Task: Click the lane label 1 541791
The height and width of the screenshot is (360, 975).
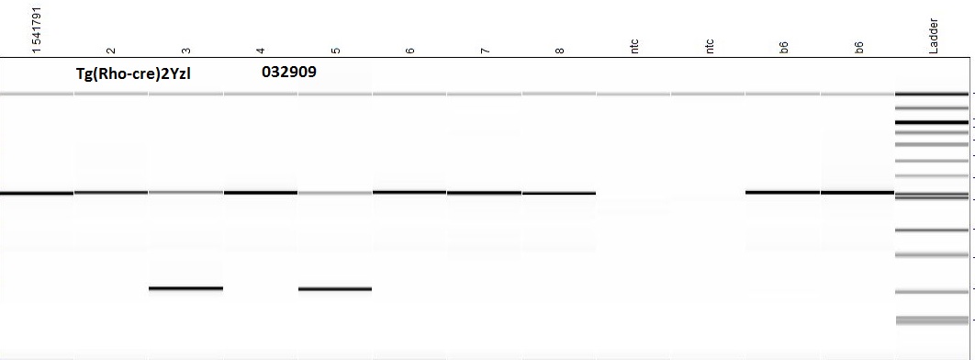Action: point(38,29)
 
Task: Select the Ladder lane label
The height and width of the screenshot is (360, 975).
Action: point(933,36)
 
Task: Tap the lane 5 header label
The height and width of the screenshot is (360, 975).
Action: point(336,51)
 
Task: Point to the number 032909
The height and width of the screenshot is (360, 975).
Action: point(289,73)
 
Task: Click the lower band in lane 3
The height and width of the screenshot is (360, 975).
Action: point(186,287)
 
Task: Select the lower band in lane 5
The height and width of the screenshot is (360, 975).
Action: point(335,288)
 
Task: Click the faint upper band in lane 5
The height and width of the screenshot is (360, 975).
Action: point(335,193)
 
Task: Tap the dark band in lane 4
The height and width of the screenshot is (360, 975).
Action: point(261,193)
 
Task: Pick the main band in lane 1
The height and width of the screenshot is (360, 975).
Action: point(37,194)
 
